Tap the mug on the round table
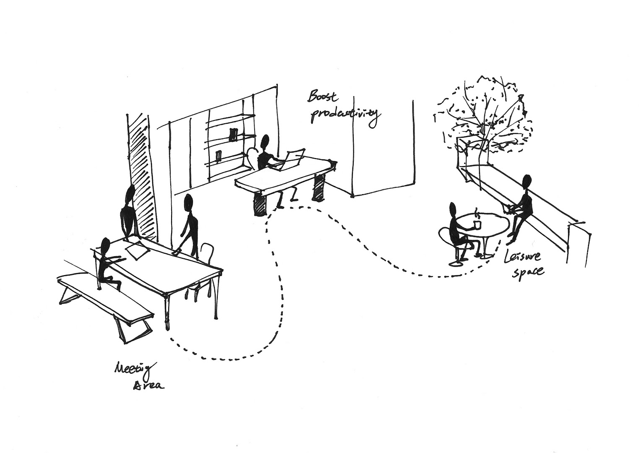click(477, 225)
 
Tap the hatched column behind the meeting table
click(142, 176)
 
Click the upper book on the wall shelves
click(233, 134)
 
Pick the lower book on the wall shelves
click(218, 156)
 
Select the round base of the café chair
click(456, 263)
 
